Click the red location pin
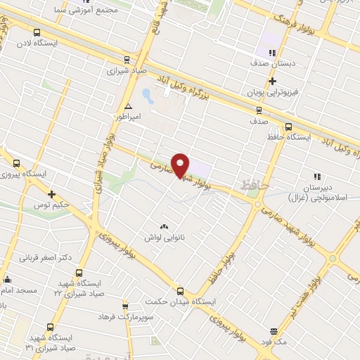(x=181, y=165)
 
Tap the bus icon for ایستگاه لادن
(x=37, y=32)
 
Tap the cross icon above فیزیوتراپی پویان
(x=272, y=81)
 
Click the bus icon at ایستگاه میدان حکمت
(x=181, y=290)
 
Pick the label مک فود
(x=274, y=340)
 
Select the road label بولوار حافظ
(x=222, y=259)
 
